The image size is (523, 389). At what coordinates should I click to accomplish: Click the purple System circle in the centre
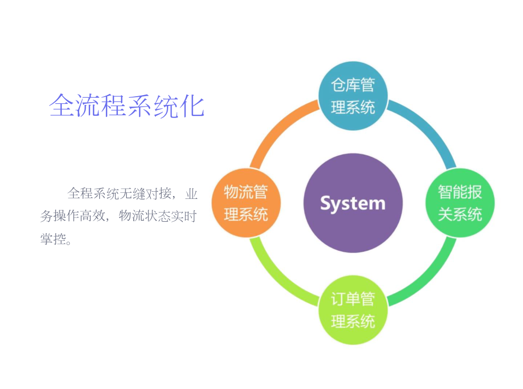coord(353,203)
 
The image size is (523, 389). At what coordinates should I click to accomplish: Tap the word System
coord(353,203)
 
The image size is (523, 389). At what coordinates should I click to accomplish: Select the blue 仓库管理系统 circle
coord(353,96)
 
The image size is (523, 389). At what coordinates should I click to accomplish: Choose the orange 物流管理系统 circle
coord(246,203)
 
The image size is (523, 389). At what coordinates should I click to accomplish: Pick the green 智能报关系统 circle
coord(460,203)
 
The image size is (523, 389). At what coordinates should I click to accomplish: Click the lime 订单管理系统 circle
coord(353,310)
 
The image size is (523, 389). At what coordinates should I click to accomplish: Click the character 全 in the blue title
coord(62,105)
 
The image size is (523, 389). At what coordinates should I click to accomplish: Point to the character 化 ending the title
coord(192,105)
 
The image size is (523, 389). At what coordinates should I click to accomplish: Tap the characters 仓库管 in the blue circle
coord(353,85)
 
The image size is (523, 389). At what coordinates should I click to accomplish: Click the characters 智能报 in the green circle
coord(460,192)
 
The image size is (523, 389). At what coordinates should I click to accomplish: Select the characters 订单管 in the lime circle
coord(353,299)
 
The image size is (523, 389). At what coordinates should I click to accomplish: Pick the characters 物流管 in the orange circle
coord(246,192)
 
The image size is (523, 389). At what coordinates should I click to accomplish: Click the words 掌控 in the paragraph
coord(53,239)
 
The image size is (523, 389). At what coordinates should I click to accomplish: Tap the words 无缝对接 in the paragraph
coord(146,193)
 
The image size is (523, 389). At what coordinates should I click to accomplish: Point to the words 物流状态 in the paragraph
coord(145,216)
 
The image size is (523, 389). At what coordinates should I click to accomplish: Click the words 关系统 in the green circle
coord(460,214)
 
